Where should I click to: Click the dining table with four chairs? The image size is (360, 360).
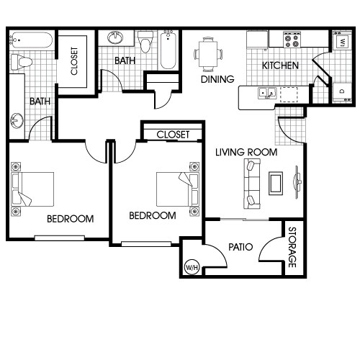tap(208, 52)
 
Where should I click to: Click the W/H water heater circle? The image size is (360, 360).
tap(192, 268)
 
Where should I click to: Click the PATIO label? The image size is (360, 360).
tap(240, 247)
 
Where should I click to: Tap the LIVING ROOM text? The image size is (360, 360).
tap(246, 152)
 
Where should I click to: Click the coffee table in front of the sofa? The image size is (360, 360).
tap(275, 184)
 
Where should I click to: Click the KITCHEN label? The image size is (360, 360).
tap(280, 66)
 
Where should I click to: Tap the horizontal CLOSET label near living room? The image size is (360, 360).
tap(173, 135)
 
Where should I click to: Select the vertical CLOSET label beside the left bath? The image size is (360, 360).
tap(74, 62)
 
